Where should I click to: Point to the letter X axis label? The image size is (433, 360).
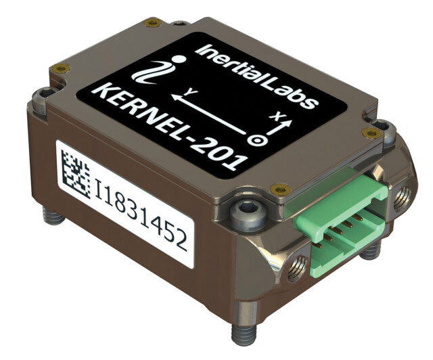tap(274, 116)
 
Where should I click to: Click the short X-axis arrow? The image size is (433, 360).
tap(281, 129)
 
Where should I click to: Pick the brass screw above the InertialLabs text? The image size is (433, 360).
tap(153, 23)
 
